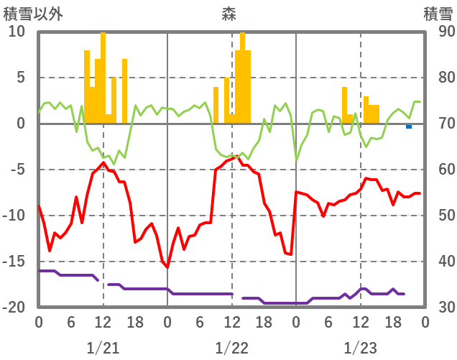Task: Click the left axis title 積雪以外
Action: tap(32, 14)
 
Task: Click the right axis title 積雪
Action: tap(438, 14)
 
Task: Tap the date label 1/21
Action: tap(103, 348)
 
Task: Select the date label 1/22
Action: tap(231, 348)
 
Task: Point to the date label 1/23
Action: tap(360, 348)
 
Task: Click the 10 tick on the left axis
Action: tap(17, 32)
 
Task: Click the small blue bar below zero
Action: tap(409, 126)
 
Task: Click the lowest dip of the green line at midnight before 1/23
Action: tap(296, 160)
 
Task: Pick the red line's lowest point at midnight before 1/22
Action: tap(167, 267)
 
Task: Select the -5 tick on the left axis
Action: tap(17, 170)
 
